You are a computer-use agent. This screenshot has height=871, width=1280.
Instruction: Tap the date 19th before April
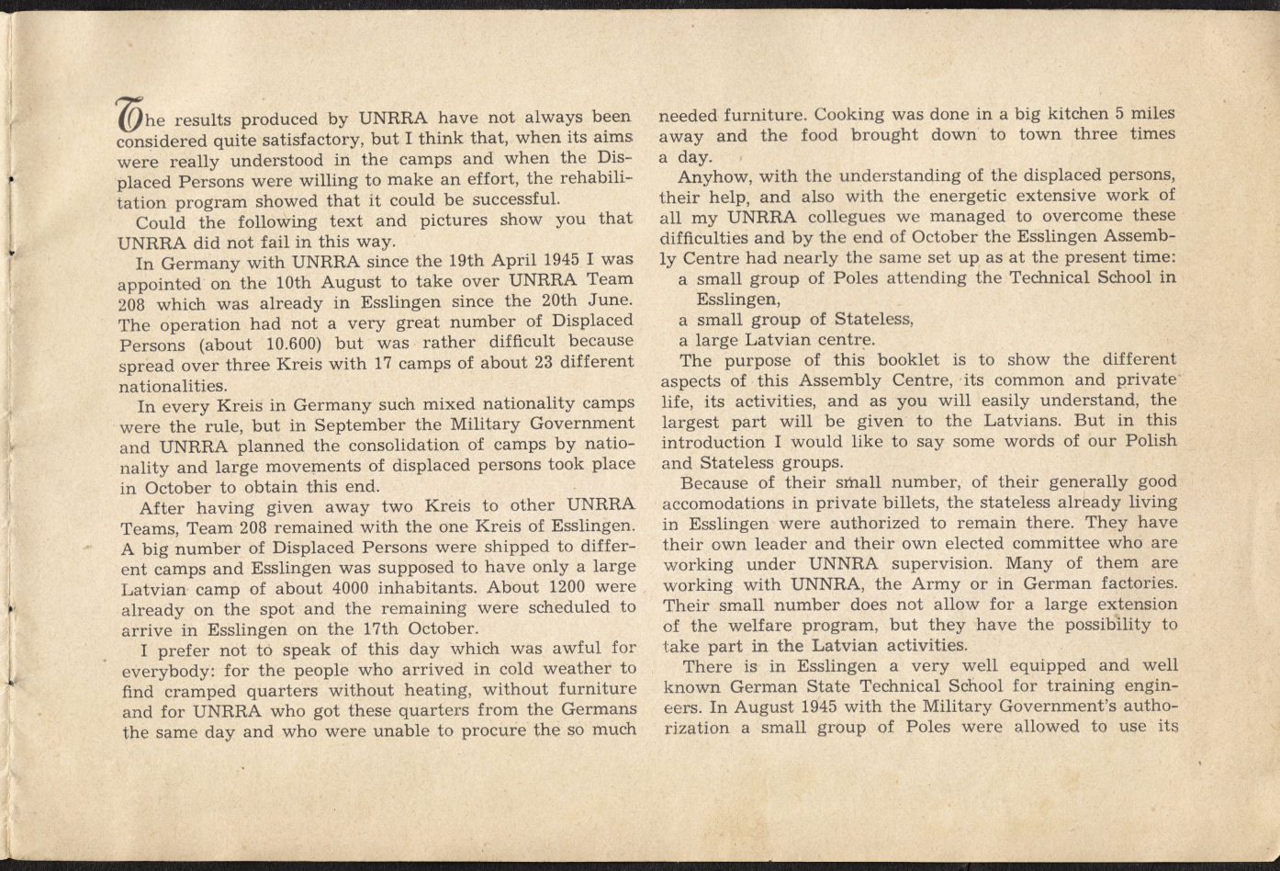(477, 261)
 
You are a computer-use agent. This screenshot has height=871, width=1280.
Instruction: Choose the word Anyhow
(711, 175)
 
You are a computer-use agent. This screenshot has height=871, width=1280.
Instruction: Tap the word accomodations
(725, 503)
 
